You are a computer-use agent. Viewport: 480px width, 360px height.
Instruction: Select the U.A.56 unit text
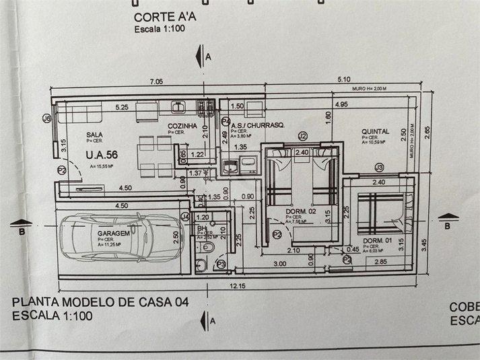[102, 155]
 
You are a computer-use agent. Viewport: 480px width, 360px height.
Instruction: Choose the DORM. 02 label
[301, 211]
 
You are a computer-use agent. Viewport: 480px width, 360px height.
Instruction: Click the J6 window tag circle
[46, 119]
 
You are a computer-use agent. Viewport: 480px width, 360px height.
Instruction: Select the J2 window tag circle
[302, 136]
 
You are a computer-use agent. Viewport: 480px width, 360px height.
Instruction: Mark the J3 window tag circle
[379, 167]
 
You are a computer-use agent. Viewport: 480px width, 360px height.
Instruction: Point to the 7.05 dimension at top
[156, 82]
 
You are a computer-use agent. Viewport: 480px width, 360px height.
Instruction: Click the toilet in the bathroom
[209, 251]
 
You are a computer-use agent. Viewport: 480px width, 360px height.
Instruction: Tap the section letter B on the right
[446, 226]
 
